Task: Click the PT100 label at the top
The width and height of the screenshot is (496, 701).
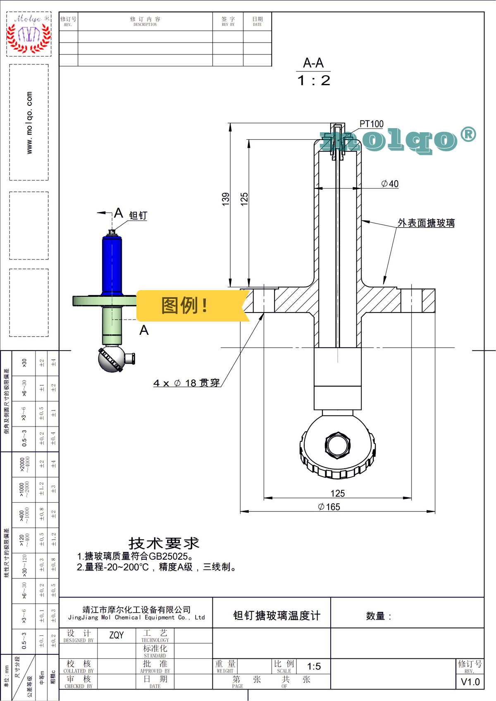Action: pos(371,124)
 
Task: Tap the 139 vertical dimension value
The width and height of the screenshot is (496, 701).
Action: pos(226,199)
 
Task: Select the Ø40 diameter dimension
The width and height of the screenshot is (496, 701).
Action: pos(390,184)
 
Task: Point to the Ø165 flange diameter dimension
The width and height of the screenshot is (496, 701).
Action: pos(329,507)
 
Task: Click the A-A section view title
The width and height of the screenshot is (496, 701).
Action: pos(313,63)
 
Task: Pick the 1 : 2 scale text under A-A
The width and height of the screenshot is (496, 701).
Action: pos(314,80)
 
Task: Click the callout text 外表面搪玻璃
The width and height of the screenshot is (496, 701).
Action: pos(426,223)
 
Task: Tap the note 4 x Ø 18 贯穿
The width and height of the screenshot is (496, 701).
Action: pos(186,383)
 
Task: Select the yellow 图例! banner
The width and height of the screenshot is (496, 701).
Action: pos(185,306)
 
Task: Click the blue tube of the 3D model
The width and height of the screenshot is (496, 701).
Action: pos(112,265)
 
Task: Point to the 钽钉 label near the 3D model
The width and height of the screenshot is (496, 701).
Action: pos(138,215)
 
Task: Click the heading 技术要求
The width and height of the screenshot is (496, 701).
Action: pos(164,543)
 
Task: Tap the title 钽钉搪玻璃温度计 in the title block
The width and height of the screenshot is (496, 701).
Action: pos(277,615)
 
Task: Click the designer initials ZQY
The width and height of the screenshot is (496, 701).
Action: pos(116,635)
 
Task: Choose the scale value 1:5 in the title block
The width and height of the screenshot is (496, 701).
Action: pos(314,666)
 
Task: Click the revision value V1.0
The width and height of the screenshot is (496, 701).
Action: pos(470,682)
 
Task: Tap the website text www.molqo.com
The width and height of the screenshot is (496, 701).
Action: pos(29,123)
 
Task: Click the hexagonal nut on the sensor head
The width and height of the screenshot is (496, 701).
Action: pos(338,445)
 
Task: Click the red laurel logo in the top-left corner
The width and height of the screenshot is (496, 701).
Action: pos(29,35)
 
